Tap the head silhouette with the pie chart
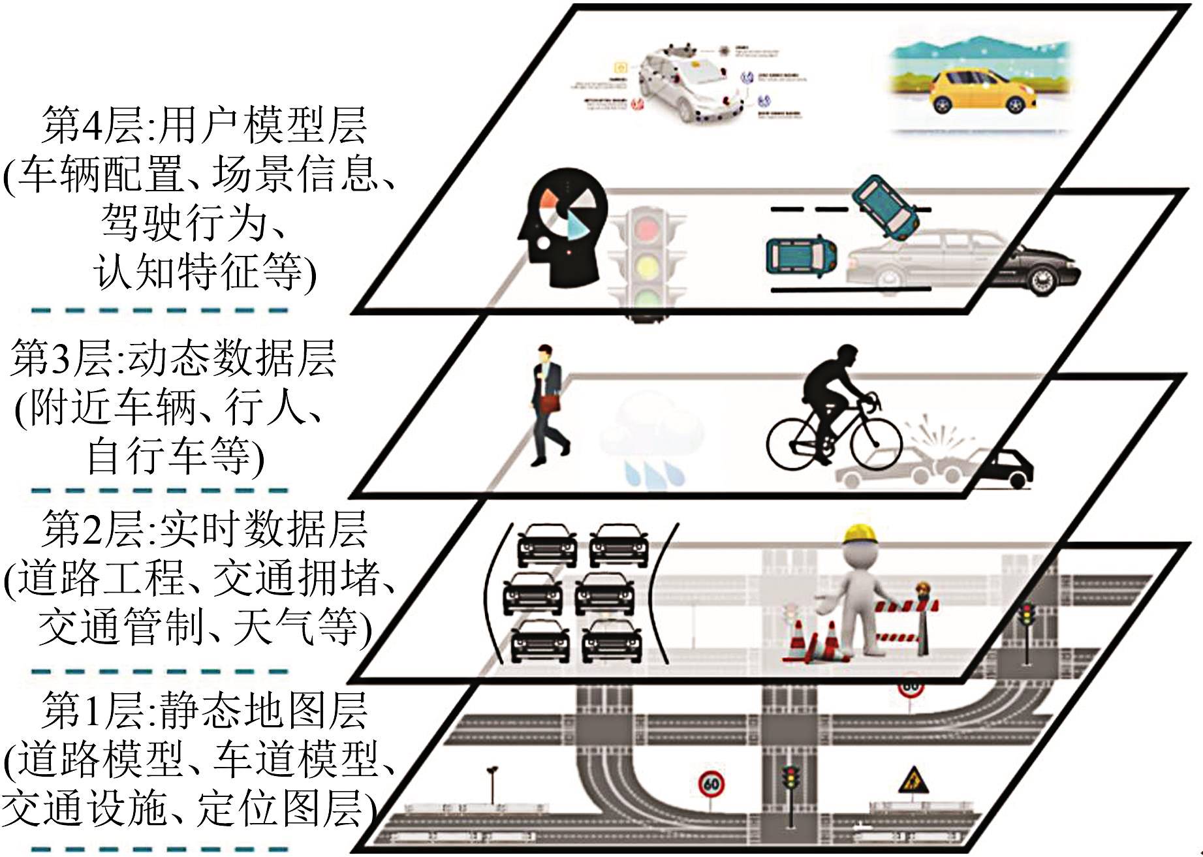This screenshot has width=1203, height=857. point(561,228)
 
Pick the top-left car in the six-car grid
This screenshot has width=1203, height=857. point(547,546)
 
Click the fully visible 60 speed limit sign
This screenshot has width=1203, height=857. point(711,784)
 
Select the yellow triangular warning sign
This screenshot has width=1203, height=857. point(909,779)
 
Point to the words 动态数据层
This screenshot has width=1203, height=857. point(232,358)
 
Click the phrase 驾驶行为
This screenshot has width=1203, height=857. point(183,223)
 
